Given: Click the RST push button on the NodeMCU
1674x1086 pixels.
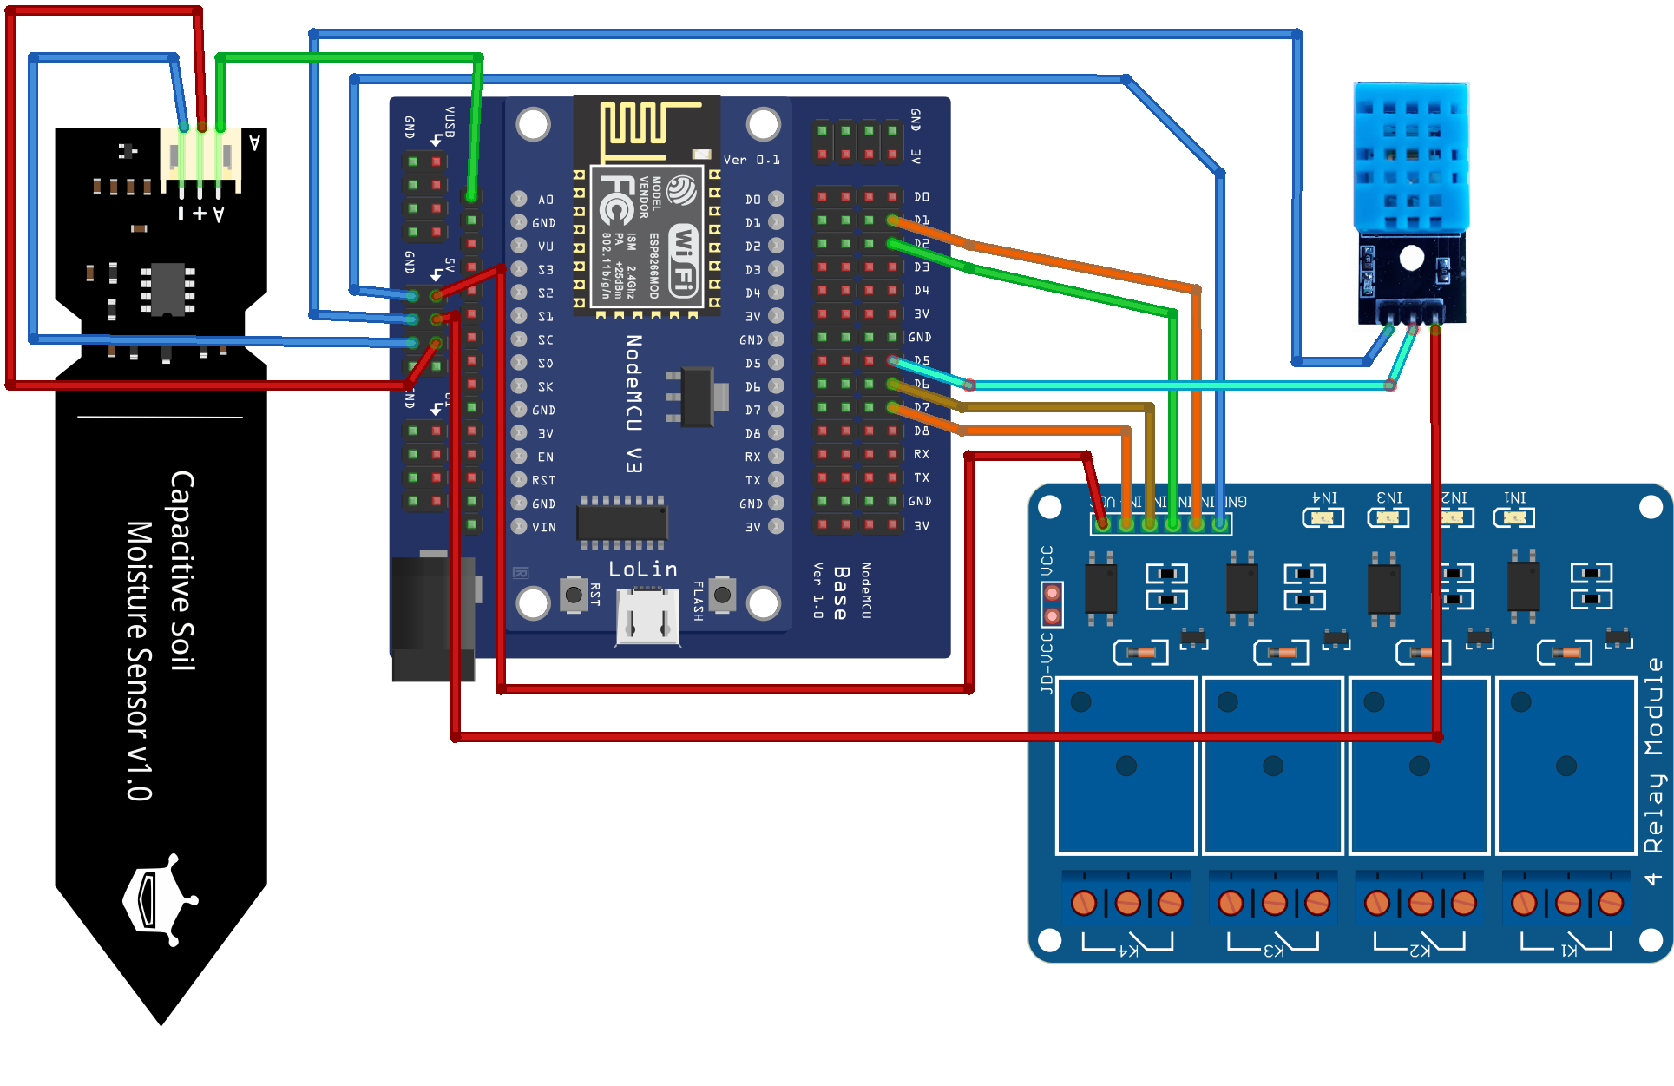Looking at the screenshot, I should tap(573, 595).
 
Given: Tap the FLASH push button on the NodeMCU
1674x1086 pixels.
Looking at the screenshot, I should tap(722, 595).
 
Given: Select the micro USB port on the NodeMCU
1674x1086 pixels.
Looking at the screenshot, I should tap(647, 618).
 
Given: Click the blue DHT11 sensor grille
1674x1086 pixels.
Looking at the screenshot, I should tap(1411, 156).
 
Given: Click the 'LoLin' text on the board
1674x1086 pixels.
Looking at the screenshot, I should tap(642, 569).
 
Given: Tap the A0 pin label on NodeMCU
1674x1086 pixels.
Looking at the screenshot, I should tap(545, 200).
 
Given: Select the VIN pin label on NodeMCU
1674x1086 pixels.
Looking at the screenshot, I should tap(544, 527).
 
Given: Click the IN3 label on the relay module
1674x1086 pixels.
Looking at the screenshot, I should tap(1389, 498).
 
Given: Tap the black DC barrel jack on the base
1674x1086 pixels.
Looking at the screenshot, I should tap(432, 616).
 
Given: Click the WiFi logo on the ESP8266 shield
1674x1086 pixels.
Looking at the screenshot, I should tap(685, 260).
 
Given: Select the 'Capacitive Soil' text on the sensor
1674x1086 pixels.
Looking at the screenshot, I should tap(182, 570).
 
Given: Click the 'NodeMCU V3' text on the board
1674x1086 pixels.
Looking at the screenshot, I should tap(634, 404).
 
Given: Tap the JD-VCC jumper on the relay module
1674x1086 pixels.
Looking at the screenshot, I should tap(1052, 604).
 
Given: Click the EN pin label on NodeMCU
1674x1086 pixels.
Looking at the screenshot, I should tap(545, 457).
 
